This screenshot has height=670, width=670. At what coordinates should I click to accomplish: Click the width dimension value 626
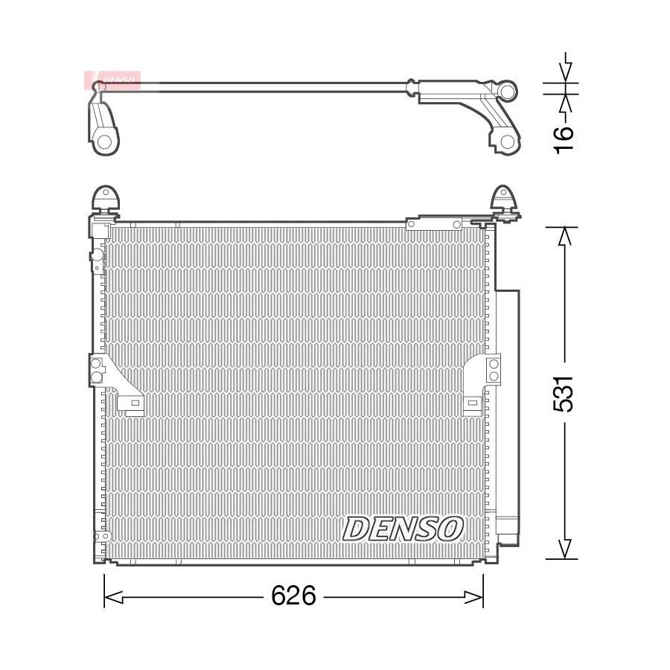click(x=293, y=596)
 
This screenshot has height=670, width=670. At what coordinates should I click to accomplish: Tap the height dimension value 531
click(x=564, y=394)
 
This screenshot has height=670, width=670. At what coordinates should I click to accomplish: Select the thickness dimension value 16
click(x=564, y=140)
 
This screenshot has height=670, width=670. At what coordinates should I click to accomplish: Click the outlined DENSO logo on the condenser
click(x=403, y=528)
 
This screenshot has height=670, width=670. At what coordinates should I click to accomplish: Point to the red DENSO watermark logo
click(x=112, y=80)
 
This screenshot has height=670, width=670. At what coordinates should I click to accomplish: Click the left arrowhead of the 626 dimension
click(x=113, y=597)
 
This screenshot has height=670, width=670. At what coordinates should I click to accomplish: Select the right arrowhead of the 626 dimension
click(x=474, y=597)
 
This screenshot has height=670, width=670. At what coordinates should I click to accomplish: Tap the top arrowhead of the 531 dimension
click(x=565, y=236)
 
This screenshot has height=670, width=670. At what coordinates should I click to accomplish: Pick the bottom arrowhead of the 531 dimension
click(x=565, y=549)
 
